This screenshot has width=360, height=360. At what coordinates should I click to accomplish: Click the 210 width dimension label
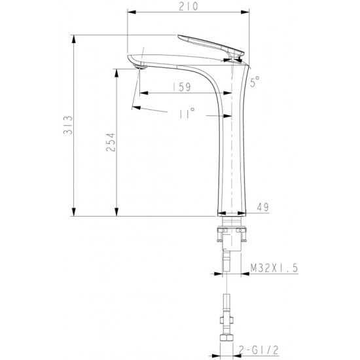point(189,7)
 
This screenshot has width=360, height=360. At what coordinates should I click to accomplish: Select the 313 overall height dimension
point(68,125)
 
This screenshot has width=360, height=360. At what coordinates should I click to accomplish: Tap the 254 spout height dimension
point(111,142)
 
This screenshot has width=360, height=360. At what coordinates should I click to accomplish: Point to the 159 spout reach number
point(181,87)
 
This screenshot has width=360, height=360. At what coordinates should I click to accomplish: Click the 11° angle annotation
point(187,113)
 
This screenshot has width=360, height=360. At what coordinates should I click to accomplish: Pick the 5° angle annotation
point(255,82)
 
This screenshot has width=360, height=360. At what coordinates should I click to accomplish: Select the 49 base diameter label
point(262,207)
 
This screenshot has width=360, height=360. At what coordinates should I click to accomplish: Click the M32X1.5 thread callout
point(274,268)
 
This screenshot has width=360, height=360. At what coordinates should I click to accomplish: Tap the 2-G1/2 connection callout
point(259,350)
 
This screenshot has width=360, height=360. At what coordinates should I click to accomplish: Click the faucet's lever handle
point(211,45)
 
